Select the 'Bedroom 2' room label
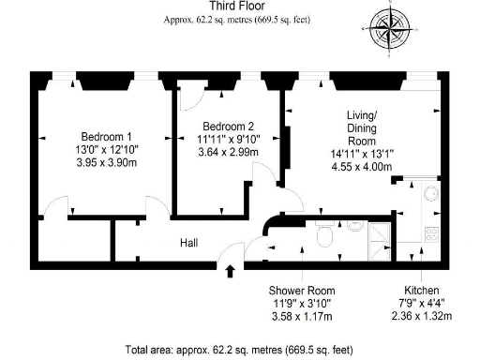click(x=225, y=127)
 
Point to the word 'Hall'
click(x=188, y=243)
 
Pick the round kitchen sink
click(x=431, y=197)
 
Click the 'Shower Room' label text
click(x=301, y=291)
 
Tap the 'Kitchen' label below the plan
click(x=421, y=291)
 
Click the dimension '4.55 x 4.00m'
click(x=361, y=167)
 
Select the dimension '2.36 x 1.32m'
click(x=421, y=317)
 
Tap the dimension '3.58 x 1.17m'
click(x=301, y=317)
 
